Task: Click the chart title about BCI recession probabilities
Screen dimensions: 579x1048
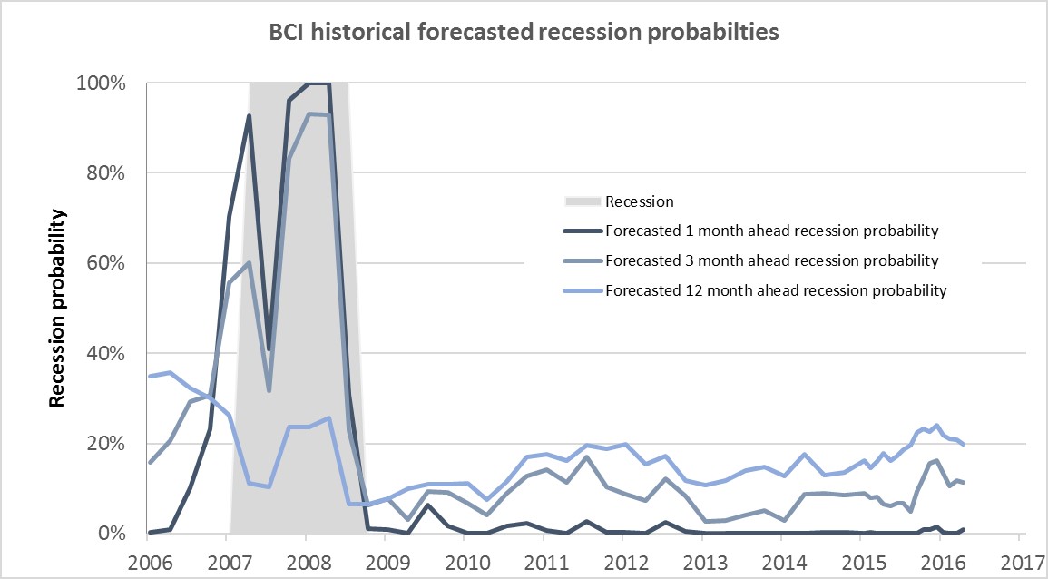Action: click(524, 34)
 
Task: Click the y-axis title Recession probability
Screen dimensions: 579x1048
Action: click(56, 308)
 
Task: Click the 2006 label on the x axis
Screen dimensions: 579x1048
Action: click(149, 554)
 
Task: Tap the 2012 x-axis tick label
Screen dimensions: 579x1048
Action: click(622, 554)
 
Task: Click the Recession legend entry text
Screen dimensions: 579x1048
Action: click(640, 201)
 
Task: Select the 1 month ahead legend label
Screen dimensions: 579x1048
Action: click(771, 231)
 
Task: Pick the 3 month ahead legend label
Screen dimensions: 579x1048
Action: click(771, 260)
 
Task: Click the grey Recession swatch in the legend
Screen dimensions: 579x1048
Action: click(581, 201)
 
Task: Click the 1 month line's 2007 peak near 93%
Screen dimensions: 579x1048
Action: click(249, 115)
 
